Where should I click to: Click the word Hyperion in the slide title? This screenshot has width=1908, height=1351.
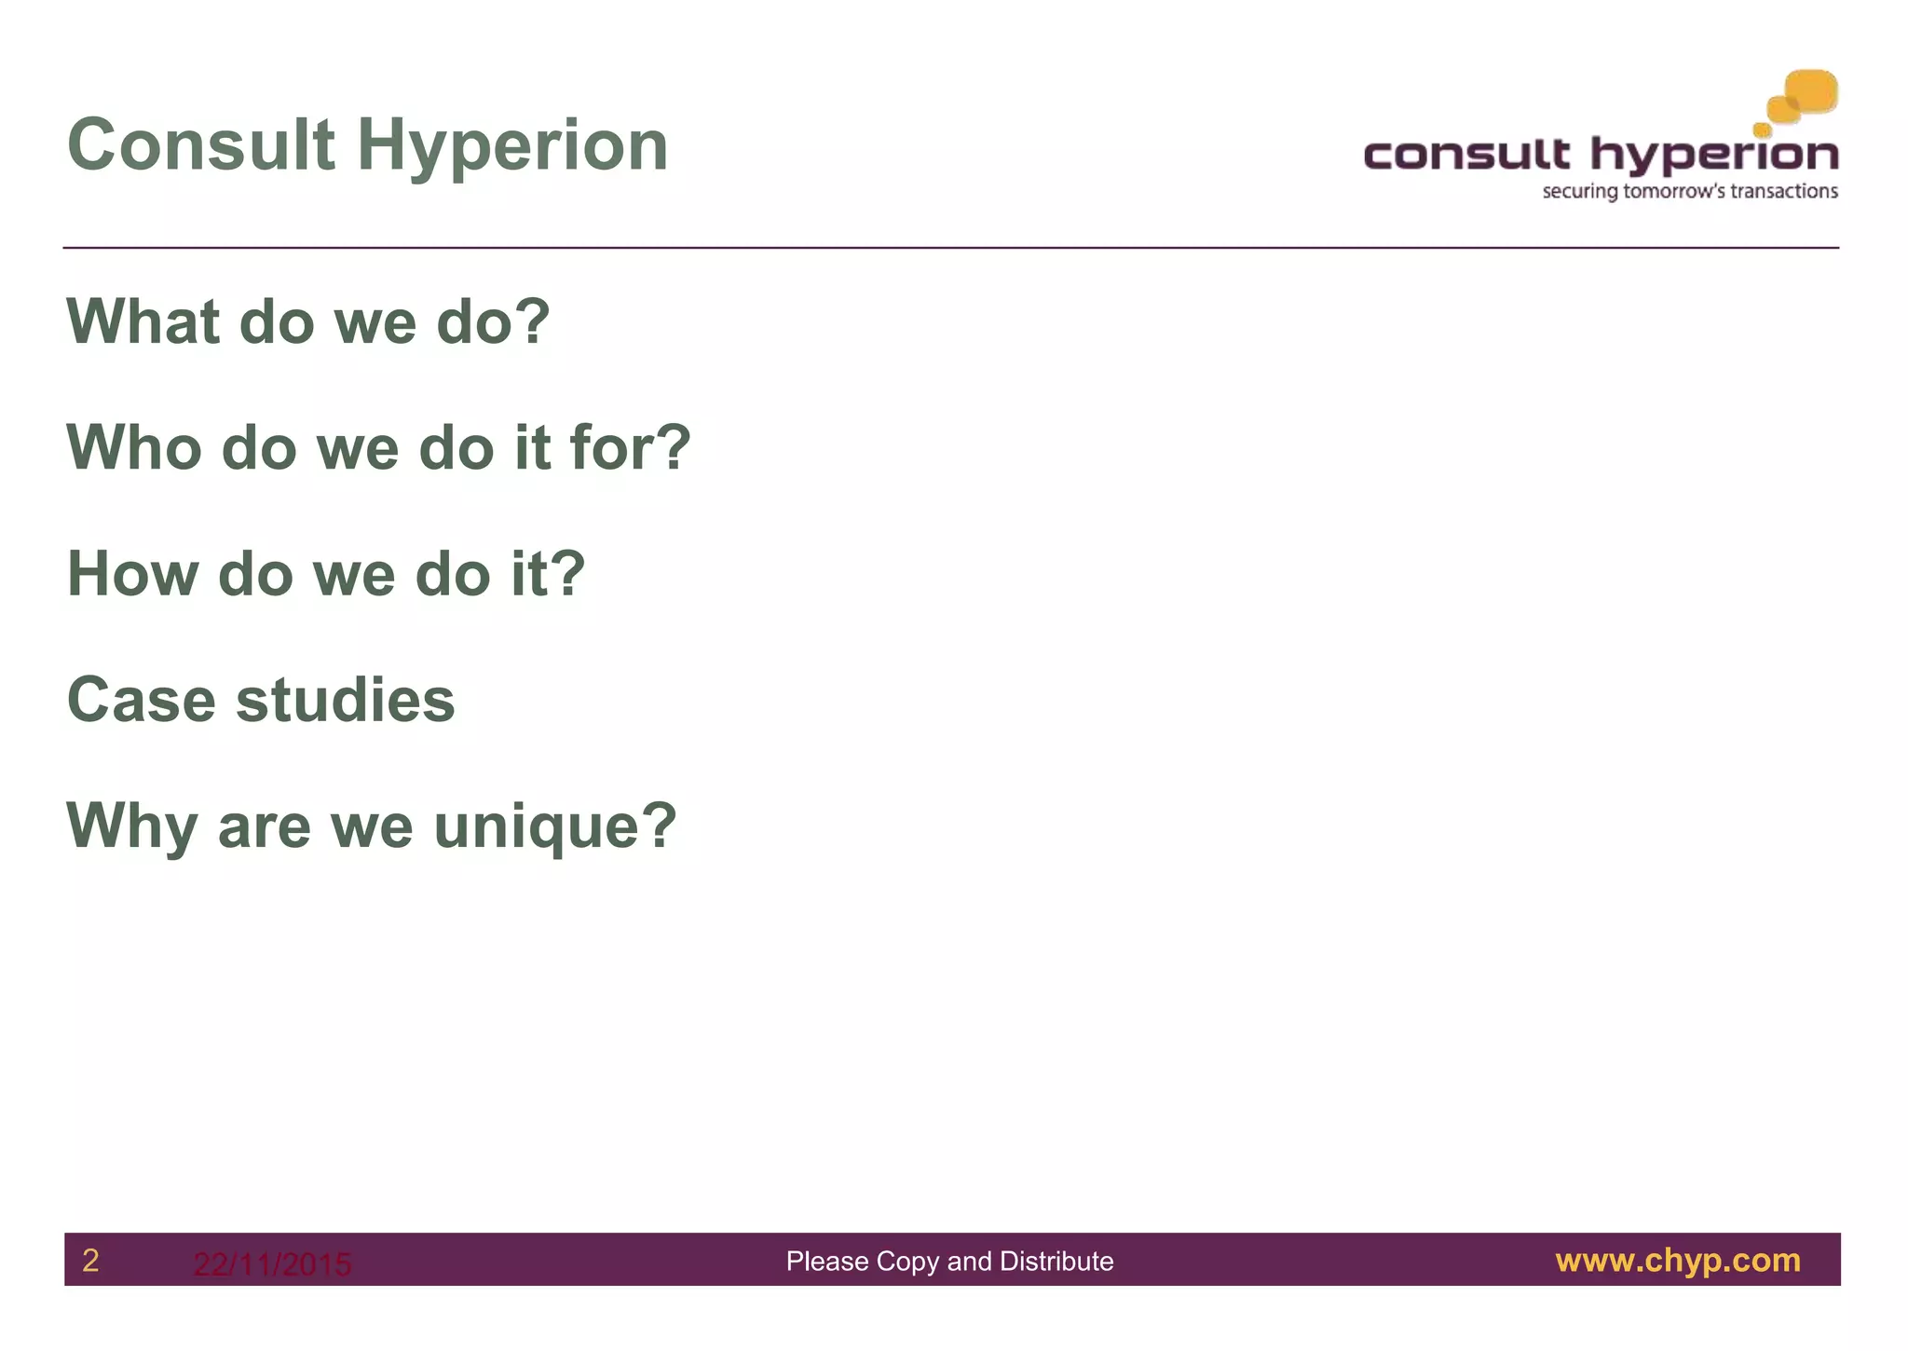[x=512, y=146]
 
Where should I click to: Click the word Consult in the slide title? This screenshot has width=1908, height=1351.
[x=201, y=146]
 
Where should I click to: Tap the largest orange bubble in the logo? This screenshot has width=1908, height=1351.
[x=1811, y=92]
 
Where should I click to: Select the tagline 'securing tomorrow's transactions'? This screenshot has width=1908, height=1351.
[x=1690, y=192]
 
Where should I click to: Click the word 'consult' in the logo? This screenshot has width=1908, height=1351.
[x=1466, y=155]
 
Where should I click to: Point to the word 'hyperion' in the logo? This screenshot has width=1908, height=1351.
[x=1714, y=155]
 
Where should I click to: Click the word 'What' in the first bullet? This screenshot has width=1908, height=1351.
[x=143, y=321]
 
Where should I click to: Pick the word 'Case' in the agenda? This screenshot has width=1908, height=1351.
[x=141, y=700]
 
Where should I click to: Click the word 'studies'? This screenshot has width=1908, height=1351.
[x=346, y=700]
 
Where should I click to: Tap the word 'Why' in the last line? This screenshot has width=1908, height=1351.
[x=131, y=826]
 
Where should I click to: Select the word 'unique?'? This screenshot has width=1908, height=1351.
[x=555, y=826]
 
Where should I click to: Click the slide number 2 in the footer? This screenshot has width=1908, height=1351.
[x=90, y=1261]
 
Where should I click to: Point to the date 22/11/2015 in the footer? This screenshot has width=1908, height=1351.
[x=272, y=1264]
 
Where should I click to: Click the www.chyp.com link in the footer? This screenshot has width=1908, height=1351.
[x=1678, y=1261]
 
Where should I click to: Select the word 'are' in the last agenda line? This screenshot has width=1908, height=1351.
[x=264, y=826]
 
